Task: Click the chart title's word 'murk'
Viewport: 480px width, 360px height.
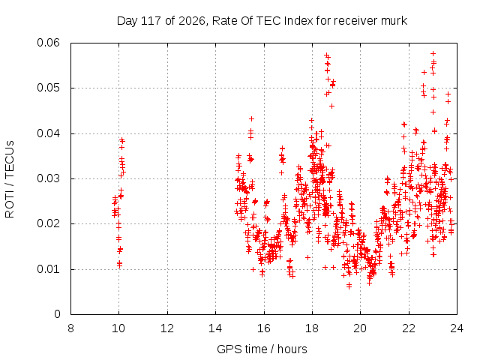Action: [x=394, y=21]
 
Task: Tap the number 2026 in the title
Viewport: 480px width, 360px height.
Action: [x=192, y=21]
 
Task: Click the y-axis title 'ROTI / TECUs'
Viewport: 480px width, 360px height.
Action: [x=10, y=179]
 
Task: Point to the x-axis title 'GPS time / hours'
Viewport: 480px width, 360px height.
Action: [x=262, y=349]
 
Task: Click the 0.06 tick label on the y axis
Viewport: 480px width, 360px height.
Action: [x=48, y=43]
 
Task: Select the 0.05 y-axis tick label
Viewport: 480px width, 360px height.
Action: [x=48, y=88]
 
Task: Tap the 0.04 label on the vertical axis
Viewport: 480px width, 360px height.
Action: [x=48, y=133]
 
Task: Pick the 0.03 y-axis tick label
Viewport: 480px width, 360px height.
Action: [x=48, y=178]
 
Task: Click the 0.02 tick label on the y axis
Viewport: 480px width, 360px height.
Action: [x=48, y=223]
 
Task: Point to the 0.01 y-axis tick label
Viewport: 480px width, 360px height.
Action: [x=48, y=269]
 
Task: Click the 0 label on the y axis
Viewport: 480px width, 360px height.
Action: [x=57, y=314]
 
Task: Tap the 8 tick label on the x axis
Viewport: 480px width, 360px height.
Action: [x=70, y=328]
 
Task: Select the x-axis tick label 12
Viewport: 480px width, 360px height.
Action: [x=167, y=328]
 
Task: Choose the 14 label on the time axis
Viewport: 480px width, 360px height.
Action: [x=215, y=328]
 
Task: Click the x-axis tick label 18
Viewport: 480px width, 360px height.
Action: [x=312, y=328]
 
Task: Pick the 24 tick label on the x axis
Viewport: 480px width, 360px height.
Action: [x=457, y=328]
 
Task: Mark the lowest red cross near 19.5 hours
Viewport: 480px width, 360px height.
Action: [x=349, y=286]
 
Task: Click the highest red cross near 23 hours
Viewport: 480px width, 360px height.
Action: [x=433, y=53]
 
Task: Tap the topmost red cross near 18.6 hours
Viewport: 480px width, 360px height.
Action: [x=326, y=55]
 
